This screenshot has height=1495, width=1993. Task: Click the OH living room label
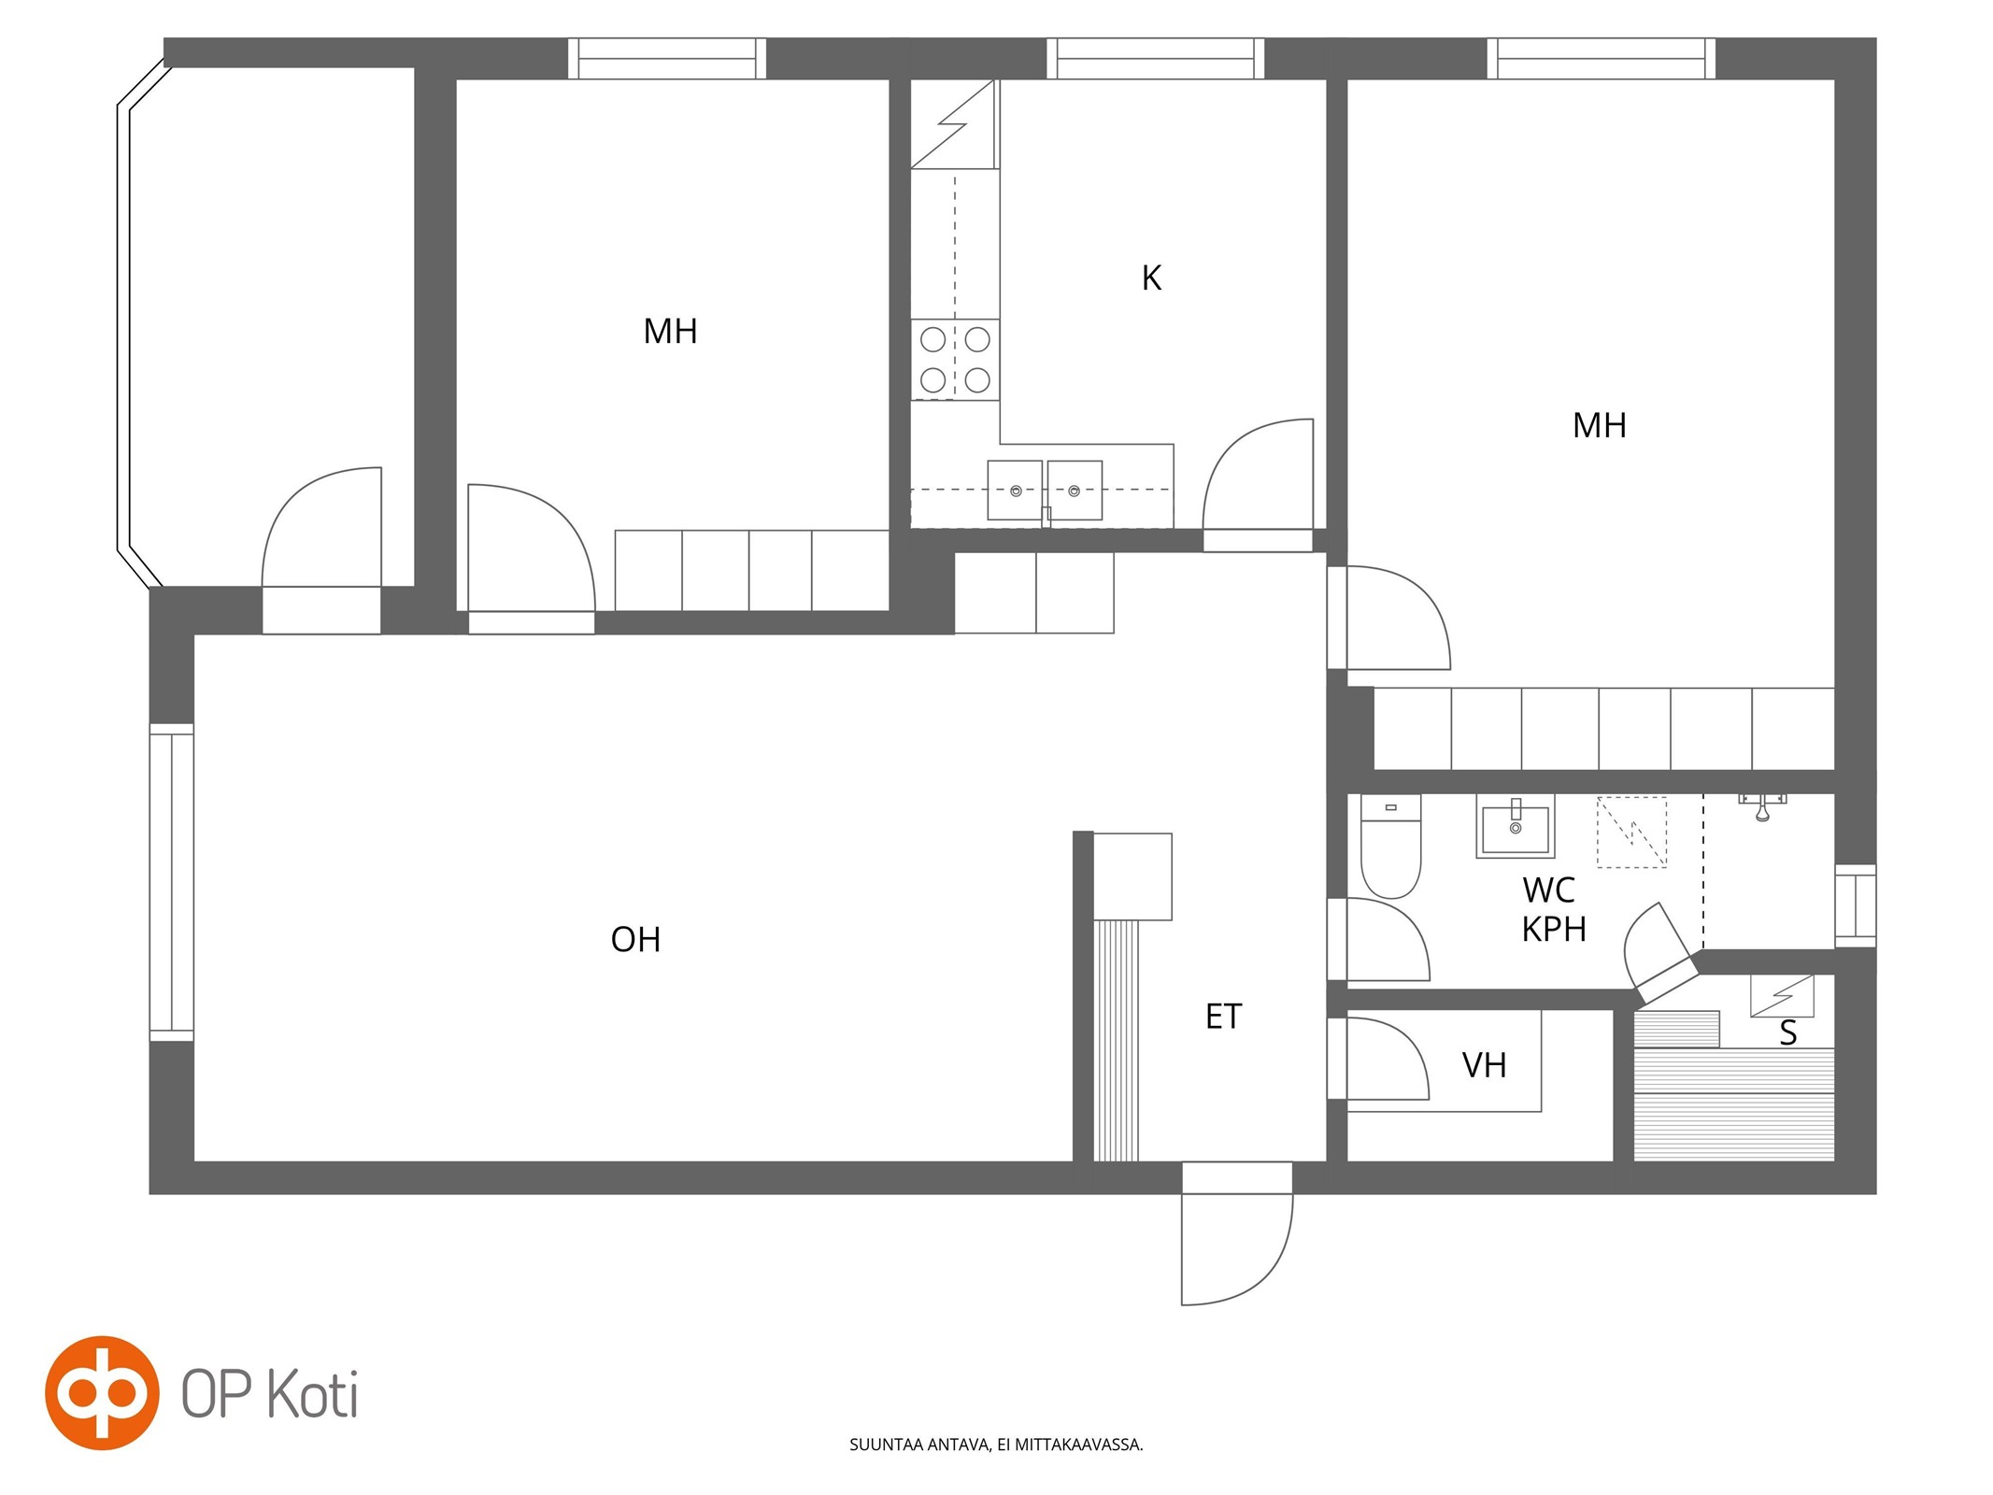tap(635, 939)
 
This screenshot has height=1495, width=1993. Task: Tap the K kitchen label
tap(1151, 278)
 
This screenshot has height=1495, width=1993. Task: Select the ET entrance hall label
tap(1223, 1017)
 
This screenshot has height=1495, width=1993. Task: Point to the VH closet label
tap(1484, 1065)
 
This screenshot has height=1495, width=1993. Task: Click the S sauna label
tap(1787, 1033)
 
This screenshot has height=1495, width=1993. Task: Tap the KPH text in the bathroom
tap(1554, 930)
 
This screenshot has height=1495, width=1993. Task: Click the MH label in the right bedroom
tap(1599, 426)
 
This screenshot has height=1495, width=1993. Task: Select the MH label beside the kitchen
tap(670, 332)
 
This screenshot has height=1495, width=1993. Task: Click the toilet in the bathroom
tap(1390, 846)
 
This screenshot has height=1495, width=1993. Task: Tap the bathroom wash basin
tap(1515, 826)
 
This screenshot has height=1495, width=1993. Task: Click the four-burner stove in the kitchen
tap(955, 360)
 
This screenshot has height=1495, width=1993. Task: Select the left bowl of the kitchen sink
tap(1015, 490)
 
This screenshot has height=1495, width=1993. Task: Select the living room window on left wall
tap(172, 882)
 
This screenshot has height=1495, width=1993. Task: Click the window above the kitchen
tap(1155, 58)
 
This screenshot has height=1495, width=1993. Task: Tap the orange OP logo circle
tap(102, 1392)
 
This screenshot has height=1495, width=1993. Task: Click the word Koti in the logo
tap(312, 1394)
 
